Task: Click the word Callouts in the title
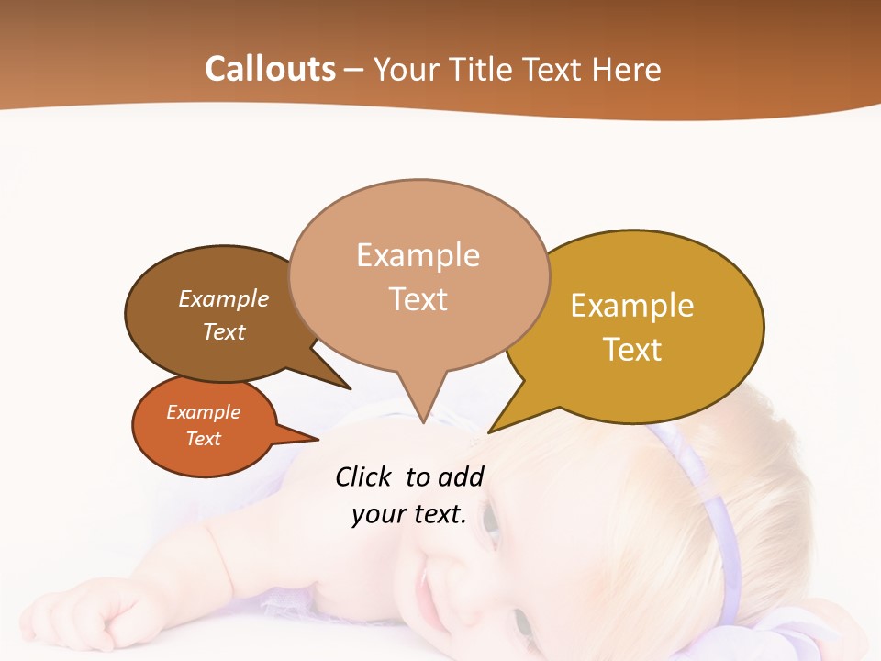tap(270, 70)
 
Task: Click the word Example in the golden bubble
tap(632, 306)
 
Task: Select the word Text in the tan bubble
tap(418, 299)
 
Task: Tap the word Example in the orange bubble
tap(203, 412)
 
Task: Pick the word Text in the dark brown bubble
tap(224, 331)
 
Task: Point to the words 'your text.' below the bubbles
tap(408, 514)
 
